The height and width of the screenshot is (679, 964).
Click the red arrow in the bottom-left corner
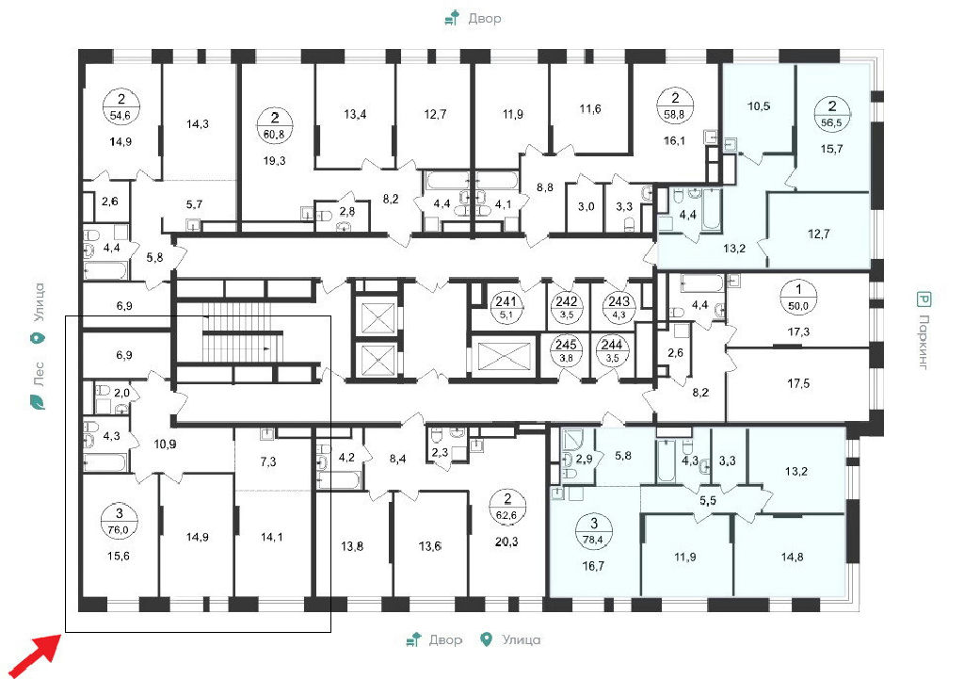[36, 655]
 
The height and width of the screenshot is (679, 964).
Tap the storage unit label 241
[506, 307]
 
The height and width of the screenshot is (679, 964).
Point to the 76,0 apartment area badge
[119, 520]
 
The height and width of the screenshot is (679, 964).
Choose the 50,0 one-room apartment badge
[798, 299]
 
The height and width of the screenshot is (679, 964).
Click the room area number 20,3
[506, 542]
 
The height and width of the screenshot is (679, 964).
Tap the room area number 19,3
[274, 161]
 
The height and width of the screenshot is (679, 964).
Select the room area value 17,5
[798, 384]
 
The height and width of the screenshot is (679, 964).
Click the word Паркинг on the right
[923, 341]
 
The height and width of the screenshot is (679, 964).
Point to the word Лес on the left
[38, 373]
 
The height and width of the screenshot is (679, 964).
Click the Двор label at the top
[485, 19]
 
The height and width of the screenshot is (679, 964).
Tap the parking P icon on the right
[924, 299]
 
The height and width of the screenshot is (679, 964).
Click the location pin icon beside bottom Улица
[487, 639]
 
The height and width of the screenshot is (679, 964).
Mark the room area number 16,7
[593, 566]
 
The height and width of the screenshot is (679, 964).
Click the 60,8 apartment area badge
[274, 125]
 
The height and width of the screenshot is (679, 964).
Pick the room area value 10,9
[165, 445]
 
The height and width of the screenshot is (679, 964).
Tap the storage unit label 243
[619, 307]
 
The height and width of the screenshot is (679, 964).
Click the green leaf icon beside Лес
[38, 403]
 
